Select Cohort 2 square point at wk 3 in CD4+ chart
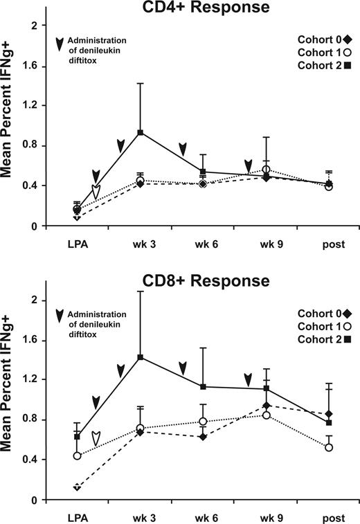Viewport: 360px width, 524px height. click(x=140, y=132)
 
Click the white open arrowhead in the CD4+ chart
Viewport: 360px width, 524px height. click(x=96, y=193)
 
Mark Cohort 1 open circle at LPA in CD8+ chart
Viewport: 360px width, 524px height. click(x=77, y=455)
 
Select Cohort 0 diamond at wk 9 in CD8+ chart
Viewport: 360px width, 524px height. click(x=265, y=406)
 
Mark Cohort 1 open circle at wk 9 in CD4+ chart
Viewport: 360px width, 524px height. click(x=265, y=170)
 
